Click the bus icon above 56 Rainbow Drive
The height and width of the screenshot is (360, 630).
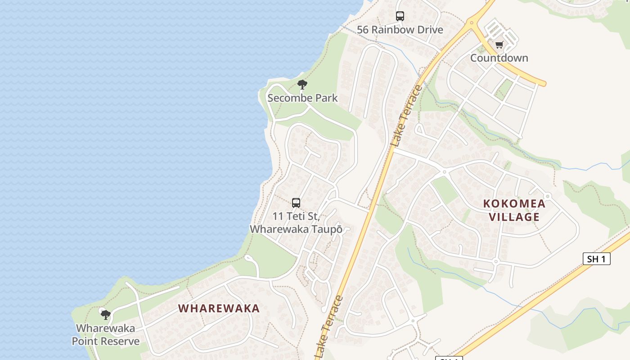pyautogui.click(x=400, y=16)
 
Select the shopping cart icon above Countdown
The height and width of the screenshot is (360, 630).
pyautogui.click(x=499, y=45)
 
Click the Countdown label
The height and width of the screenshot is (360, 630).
pyautogui.click(x=499, y=58)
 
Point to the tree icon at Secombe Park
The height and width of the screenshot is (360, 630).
pyautogui.click(x=302, y=84)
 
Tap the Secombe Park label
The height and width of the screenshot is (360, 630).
pyautogui.click(x=302, y=98)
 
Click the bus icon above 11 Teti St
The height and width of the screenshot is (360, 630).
pyautogui.click(x=296, y=203)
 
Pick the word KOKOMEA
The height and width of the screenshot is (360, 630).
pyautogui.click(x=514, y=203)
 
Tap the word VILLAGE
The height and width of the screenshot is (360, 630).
pyautogui.click(x=514, y=217)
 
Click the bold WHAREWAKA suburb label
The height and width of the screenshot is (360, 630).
pyautogui.click(x=219, y=308)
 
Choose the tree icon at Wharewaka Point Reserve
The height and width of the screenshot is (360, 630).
pyautogui.click(x=105, y=315)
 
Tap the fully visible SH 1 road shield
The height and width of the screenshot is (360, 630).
pyautogui.click(x=597, y=259)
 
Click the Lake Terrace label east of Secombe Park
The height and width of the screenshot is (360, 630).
pyautogui.click(x=407, y=115)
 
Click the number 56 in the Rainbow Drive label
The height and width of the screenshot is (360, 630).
pyautogui.click(x=363, y=30)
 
